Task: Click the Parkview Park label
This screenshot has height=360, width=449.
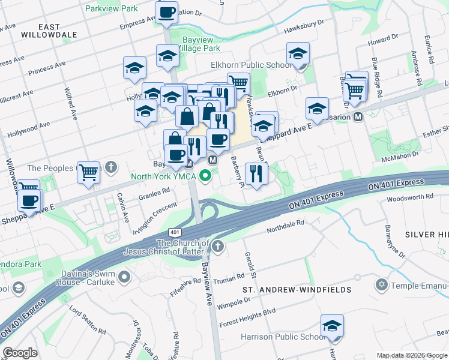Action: coord(111,9)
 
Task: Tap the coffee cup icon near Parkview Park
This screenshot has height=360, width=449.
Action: coord(166,11)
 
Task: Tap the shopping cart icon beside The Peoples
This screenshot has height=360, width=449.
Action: coord(89,172)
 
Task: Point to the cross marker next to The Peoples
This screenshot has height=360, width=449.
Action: coord(110,167)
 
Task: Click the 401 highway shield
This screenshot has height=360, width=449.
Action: coord(174,231)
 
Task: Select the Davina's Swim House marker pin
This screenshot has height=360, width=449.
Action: coord(124,277)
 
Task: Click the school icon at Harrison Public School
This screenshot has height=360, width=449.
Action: coord(332,325)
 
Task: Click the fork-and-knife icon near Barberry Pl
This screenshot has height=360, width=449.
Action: coord(257,173)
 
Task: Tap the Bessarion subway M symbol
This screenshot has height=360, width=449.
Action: coord(358,116)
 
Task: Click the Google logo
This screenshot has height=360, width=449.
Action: coord(20,353)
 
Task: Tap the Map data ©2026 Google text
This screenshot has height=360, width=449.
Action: coord(411,355)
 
